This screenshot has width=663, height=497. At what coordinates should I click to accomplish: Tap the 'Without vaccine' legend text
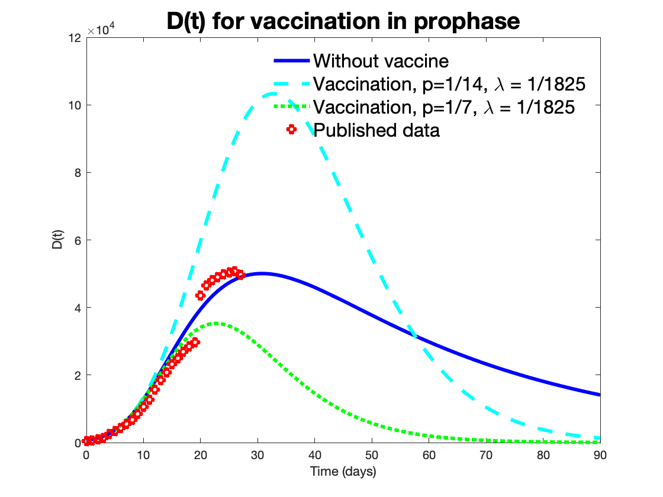[x=381, y=61]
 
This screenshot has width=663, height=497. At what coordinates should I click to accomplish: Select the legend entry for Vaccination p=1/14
[x=449, y=84]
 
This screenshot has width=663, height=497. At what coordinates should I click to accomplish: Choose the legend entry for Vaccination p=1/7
[x=444, y=107]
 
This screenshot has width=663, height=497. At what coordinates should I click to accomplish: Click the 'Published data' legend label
[x=376, y=130]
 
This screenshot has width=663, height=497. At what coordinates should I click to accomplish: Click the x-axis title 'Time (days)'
[x=343, y=472]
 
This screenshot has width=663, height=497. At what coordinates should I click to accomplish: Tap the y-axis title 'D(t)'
[x=58, y=243]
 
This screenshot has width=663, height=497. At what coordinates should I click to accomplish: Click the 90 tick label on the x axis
[x=600, y=454]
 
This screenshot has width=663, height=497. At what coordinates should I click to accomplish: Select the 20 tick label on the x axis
[x=200, y=454]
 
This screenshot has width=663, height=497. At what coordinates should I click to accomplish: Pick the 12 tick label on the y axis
[x=75, y=38]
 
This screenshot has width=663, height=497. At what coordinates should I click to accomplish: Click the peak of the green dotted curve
[x=217, y=323]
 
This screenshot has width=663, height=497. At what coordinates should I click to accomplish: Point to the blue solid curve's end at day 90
[x=600, y=395]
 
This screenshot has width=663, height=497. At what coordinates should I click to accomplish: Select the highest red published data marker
[x=234, y=271]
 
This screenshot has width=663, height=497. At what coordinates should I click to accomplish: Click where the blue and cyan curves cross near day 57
[x=414, y=336]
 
